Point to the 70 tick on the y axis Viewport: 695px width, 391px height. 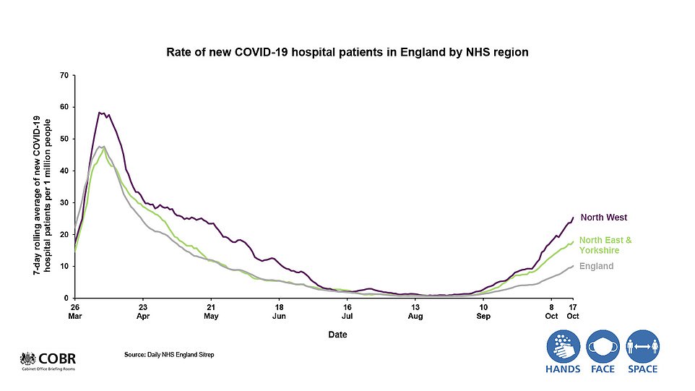pos(64,75)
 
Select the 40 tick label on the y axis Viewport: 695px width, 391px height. pos(64,171)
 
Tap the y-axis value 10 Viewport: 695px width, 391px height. pos(64,266)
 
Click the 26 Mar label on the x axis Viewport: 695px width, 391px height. pos(74,311)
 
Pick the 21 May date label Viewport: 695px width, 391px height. pos(211,311)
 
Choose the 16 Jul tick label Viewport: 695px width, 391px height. pos(347,311)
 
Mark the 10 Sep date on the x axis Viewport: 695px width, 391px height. pos(483,311)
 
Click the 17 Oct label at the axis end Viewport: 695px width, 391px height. pos(573,311)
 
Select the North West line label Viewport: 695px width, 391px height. pos(604,217)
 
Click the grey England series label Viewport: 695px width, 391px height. pos(597,266)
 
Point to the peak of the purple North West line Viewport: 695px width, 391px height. pos(100,112)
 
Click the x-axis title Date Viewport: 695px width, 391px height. pos(337,335)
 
